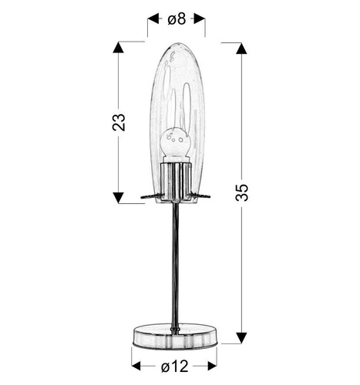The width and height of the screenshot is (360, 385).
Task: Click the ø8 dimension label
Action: click(177, 19)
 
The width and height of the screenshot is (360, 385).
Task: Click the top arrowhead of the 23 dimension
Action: click(119, 48)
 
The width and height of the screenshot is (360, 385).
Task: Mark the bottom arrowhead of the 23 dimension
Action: click(119, 198)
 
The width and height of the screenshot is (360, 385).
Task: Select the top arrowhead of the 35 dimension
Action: click(241, 48)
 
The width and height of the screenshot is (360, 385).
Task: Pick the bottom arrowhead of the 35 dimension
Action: click(241, 336)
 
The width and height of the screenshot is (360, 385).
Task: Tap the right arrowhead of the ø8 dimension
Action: click(200, 19)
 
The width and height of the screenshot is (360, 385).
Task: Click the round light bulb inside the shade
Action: click(174, 142)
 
